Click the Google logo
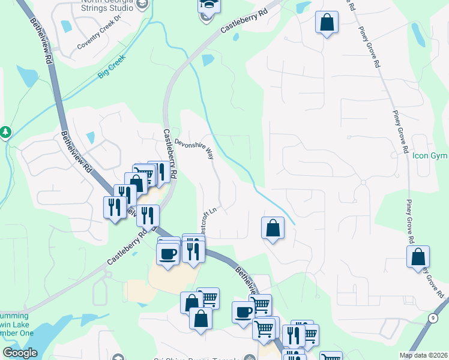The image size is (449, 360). [20, 353]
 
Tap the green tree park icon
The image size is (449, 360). [5, 131]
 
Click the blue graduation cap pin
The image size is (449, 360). [209, 5]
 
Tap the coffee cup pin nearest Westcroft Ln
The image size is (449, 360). [168, 253]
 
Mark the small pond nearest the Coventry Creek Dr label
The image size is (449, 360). [65, 26]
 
